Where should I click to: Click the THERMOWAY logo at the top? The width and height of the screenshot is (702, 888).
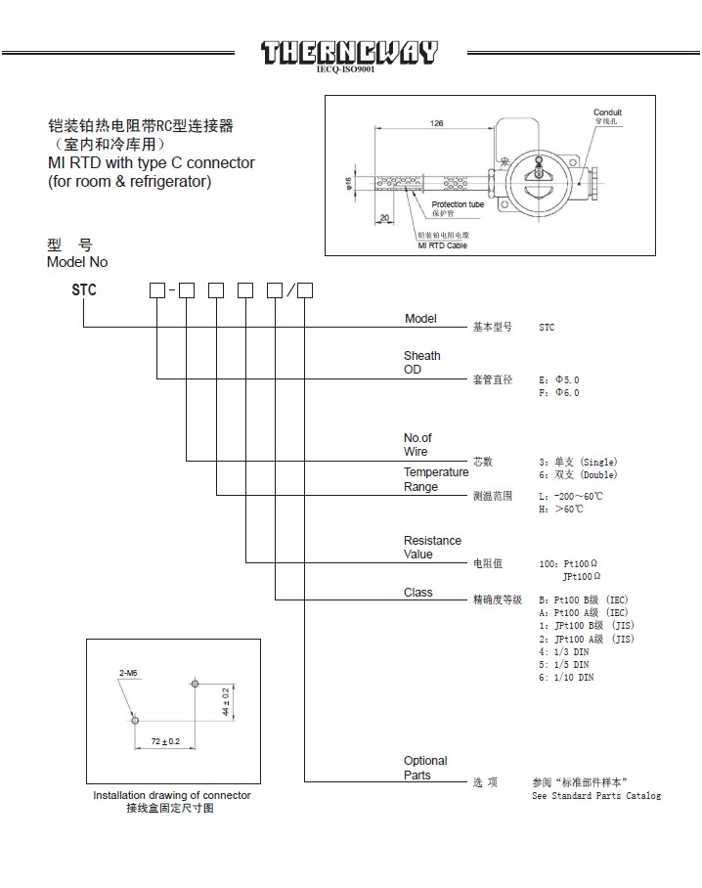349,52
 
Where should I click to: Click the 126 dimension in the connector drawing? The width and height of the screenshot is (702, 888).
435,123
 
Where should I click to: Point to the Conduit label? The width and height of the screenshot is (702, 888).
607,113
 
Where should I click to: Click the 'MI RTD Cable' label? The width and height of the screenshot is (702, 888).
442,245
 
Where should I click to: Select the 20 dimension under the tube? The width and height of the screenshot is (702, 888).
385,217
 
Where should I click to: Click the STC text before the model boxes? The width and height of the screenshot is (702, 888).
84,289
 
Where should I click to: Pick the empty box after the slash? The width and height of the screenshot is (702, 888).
305,289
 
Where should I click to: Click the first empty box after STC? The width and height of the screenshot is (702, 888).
156,289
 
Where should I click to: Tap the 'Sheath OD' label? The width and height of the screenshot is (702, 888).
421,363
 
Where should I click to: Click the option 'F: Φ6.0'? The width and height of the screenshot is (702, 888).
559,392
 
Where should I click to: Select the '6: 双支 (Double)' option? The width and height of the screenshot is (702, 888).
578,474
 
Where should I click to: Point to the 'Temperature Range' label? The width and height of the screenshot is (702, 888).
435,479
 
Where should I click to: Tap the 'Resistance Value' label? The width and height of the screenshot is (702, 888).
432,547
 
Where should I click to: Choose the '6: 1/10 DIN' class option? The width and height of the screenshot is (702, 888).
566,677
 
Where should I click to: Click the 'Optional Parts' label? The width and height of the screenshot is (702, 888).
425,768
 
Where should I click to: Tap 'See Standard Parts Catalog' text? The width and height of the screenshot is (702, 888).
595,795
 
